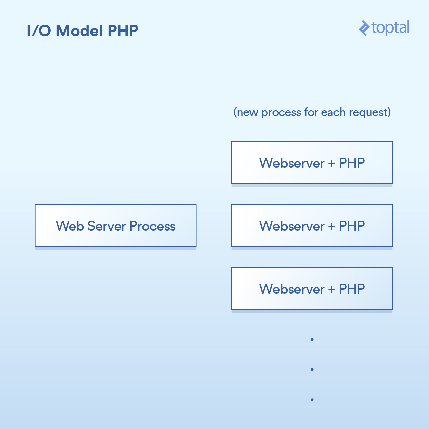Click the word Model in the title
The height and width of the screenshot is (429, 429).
pyautogui.click(x=79, y=31)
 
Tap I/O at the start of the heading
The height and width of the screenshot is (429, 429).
pyautogui.click(x=39, y=31)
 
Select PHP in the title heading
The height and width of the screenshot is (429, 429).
pyautogui.click(x=123, y=31)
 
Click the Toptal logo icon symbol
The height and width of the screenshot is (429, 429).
pyautogui.click(x=364, y=28)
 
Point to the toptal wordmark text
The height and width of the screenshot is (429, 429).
pyautogui.click(x=390, y=27)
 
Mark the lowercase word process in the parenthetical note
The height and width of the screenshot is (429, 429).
pyautogui.click(x=281, y=112)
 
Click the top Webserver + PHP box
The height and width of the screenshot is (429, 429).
pyautogui.click(x=312, y=163)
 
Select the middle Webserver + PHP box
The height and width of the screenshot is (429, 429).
pyautogui.click(x=312, y=226)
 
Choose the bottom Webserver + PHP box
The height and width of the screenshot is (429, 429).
pyautogui.click(x=312, y=289)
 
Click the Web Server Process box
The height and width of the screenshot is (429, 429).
pyautogui.click(x=116, y=226)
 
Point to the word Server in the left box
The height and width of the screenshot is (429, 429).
pyautogui.click(x=107, y=226)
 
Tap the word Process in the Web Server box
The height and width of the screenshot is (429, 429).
pyautogui.click(x=152, y=226)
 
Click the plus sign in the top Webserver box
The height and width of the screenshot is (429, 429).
pyautogui.click(x=332, y=163)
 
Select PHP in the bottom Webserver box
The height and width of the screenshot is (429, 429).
pyautogui.click(x=352, y=289)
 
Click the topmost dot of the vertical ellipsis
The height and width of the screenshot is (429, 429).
pyautogui.click(x=312, y=340)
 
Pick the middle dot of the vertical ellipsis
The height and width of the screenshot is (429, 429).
pyautogui.click(x=312, y=369)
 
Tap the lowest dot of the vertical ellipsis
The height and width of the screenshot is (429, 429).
pyautogui.click(x=312, y=400)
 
